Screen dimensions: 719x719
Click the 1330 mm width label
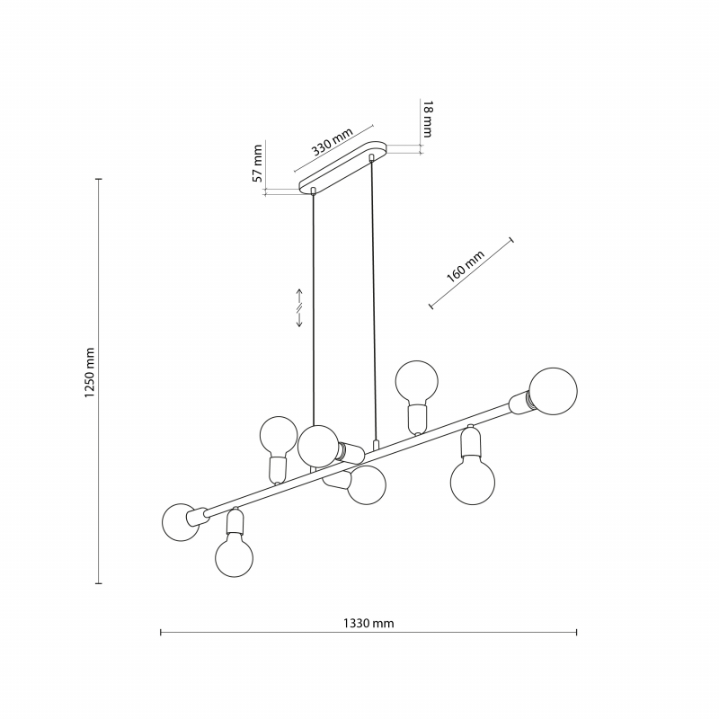pyautogui.click(x=368, y=623)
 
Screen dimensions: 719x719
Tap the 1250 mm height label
pyautogui.click(x=89, y=372)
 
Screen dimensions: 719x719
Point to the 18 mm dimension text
pyautogui.click(x=428, y=119)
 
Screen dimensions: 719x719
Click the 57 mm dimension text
pyautogui.click(x=258, y=163)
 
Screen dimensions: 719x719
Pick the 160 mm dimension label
pyautogui.click(x=465, y=266)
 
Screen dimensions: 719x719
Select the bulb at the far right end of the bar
pyautogui.click(x=553, y=391)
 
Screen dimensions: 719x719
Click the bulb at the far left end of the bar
pyautogui.click(x=181, y=522)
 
